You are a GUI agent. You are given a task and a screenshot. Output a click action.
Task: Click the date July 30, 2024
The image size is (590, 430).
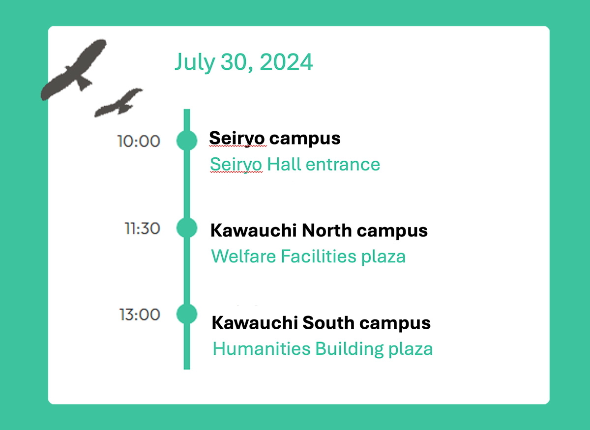tap(243, 62)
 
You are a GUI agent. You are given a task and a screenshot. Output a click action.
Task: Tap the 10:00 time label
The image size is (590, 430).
tap(139, 142)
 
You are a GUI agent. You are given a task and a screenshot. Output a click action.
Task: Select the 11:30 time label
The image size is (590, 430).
tap(142, 229)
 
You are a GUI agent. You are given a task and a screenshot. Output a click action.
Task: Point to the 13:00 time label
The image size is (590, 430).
tap(140, 315)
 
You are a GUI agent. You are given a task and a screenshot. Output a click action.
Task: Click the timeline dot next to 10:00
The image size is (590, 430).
tap(187, 140)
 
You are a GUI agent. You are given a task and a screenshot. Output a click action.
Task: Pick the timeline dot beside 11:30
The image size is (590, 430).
tap(187, 228)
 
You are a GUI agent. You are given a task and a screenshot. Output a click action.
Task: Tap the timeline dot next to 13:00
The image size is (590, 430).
tap(187, 314)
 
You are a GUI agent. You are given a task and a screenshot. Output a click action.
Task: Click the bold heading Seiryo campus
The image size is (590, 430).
tap(275, 139)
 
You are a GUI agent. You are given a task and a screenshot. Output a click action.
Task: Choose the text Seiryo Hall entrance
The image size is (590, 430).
tap(295, 164)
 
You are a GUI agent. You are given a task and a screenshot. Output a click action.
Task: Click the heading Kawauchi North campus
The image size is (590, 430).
tap(319, 230)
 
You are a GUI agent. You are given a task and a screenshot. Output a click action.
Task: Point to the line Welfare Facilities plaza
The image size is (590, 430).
tap(308, 256)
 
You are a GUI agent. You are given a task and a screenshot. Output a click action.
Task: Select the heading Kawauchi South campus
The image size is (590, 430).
tap(321, 323)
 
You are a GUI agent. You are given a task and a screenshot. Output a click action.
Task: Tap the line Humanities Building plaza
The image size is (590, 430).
tap(323, 349)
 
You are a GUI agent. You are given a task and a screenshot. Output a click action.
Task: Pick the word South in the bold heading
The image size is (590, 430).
tap(328, 323)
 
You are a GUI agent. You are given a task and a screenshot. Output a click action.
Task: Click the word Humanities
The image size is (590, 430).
tap(262, 349)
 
